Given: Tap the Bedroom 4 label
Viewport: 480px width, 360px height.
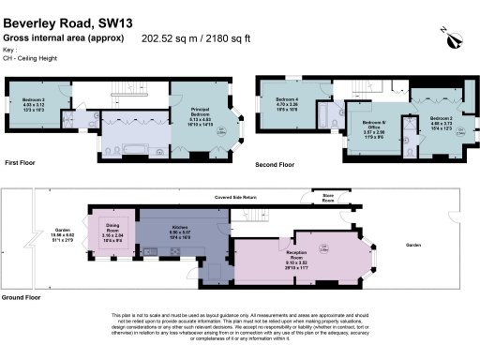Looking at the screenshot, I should coord(287,104).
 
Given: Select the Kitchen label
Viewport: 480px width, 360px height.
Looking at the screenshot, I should coord(179,232).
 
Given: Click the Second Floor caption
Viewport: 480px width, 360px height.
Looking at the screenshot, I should coord(275,165).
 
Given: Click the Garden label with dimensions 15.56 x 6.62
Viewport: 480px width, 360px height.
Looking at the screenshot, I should coord(64,236).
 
